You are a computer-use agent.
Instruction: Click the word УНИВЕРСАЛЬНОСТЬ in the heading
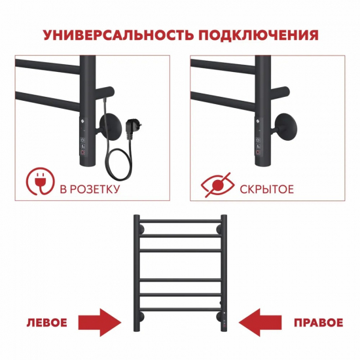(x=109, y=34)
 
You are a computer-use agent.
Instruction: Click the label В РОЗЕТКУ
(x=89, y=190)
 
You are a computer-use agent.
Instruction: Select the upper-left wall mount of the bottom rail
(x=139, y=229)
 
